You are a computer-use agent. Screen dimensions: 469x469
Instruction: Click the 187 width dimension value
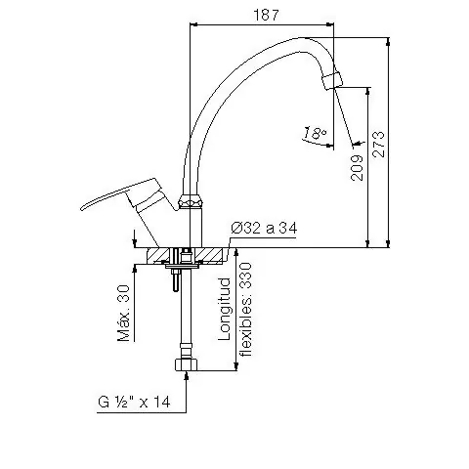[266, 15]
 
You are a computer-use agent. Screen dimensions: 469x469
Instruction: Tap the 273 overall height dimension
[378, 145]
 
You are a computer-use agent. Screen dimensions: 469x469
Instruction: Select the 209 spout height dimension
[357, 167]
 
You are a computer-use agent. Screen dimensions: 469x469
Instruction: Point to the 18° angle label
[315, 133]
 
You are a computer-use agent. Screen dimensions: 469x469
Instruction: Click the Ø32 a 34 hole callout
[264, 229]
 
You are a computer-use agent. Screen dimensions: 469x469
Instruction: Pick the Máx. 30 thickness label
[124, 313]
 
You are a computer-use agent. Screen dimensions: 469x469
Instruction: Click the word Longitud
[224, 309]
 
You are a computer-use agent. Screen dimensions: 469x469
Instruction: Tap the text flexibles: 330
[245, 309]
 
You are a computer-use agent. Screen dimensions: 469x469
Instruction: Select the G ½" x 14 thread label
[134, 402]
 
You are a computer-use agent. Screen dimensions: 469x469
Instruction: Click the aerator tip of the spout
[332, 80]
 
